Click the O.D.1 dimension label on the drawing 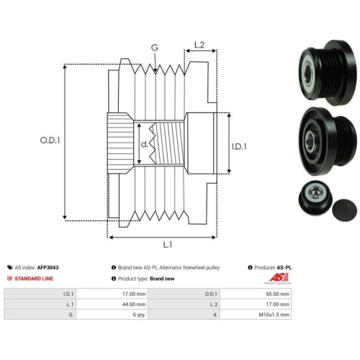[50, 140]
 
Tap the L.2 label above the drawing [199, 45]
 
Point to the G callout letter [155, 48]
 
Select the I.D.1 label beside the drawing [239, 146]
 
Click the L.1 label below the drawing [168, 245]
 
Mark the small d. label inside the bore [145, 144]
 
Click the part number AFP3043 [48, 267]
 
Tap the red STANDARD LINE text [34, 279]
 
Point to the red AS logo [279, 278]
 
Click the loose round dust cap [344, 210]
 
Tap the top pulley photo [328, 73]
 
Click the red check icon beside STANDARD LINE [9, 279]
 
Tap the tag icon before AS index [10, 267]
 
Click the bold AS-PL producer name [284, 267]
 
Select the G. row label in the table [71, 315]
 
